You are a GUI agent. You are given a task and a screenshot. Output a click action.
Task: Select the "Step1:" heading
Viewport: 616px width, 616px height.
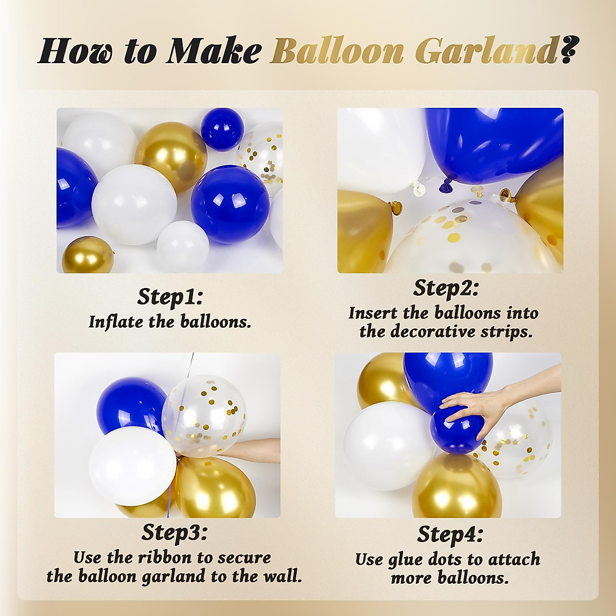(170, 297)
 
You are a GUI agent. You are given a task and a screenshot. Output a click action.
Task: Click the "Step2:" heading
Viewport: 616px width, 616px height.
(446, 288)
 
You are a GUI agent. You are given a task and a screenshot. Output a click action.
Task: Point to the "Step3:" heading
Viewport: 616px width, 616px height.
(175, 532)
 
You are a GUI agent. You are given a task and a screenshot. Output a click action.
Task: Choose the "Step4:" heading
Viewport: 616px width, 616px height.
(450, 534)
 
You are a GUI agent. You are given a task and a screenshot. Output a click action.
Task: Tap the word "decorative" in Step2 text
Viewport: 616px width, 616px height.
(433, 332)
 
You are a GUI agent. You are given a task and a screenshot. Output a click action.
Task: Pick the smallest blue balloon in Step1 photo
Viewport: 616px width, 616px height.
(222, 129)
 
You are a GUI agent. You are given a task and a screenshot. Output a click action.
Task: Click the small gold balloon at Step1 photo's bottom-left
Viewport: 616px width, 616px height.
(88, 255)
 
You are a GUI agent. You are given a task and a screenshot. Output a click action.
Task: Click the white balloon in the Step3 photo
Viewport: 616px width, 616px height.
(132, 466)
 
